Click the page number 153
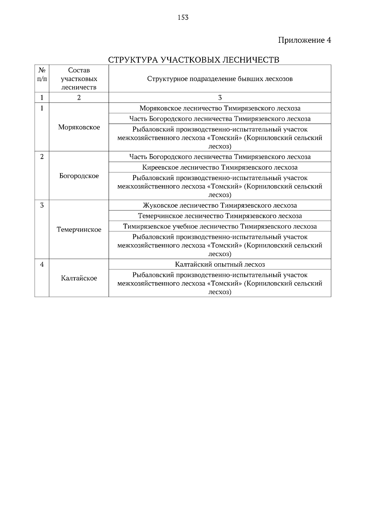183,18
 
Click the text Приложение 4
304,40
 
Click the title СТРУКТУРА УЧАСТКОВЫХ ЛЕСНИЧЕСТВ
194,60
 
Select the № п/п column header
42,75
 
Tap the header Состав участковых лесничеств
79,79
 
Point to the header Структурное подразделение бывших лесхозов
220,79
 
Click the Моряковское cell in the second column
79,127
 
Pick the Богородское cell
79,176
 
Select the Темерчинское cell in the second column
79,230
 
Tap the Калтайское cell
79,278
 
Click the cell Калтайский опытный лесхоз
220,264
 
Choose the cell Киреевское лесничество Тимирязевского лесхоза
220,167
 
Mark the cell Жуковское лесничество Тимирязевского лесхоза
220,206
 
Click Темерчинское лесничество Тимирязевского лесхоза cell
220,216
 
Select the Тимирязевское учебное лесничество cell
220,226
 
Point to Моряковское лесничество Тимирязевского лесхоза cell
220,108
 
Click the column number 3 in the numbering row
220,98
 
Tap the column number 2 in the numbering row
79,98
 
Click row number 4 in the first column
42,264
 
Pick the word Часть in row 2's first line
138,157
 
